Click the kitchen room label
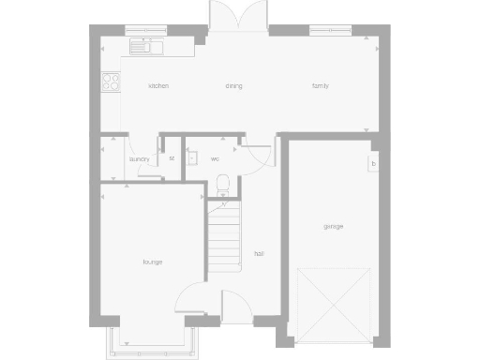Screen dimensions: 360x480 [158, 86]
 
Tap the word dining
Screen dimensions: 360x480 [233, 86]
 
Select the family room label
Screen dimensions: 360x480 [321, 86]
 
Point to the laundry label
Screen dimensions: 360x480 [140, 159]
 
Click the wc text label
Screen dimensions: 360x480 [215, 158]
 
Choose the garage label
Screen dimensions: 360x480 [333, 227]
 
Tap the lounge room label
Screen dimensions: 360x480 [153, 262]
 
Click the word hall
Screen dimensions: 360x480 [258, 253]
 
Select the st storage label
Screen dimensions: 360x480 [172, 158]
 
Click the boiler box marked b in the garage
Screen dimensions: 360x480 [373, 164]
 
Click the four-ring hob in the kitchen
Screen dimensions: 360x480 [110, 82]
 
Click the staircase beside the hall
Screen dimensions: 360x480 [225, 236]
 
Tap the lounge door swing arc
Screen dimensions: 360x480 [190, 298]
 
